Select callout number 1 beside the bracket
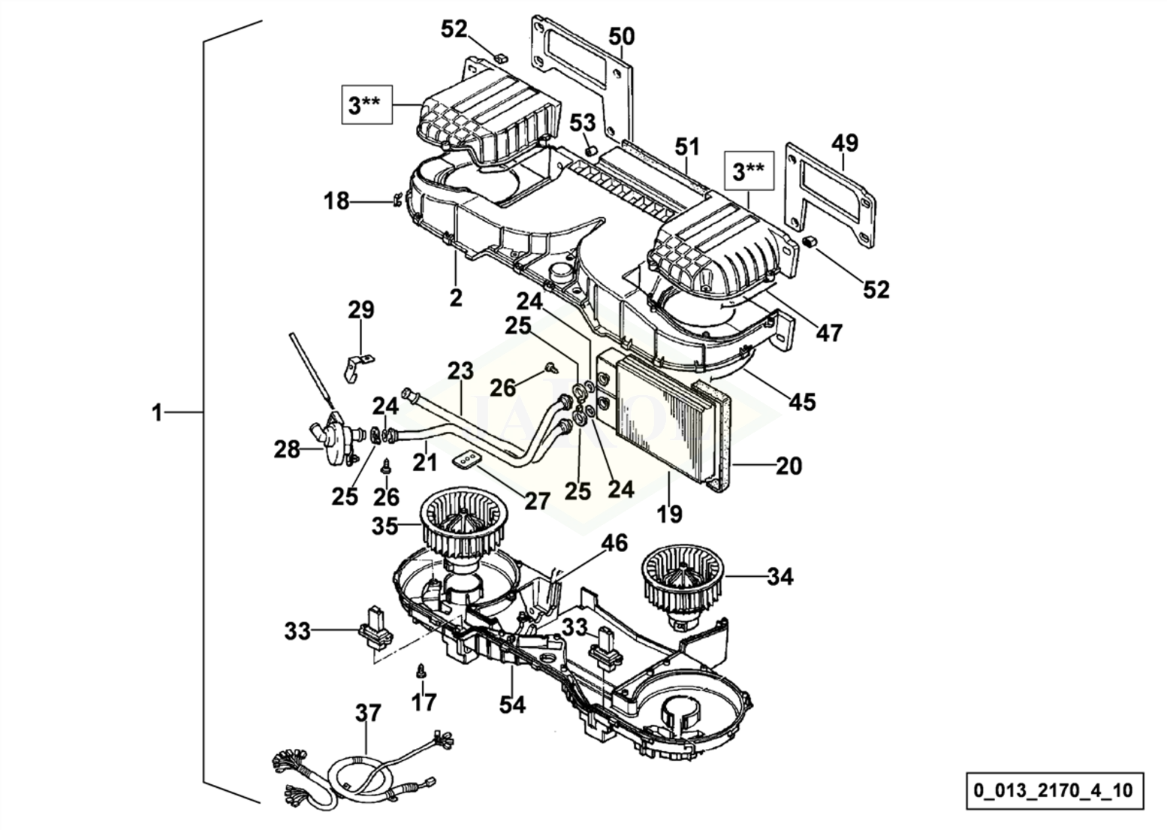coord(157,413)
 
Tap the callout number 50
coord(622,37)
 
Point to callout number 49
coord(845,143)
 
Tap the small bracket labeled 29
coord(359,367)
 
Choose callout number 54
coord(512,705)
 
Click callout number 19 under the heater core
coord(669,515)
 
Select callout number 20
coord(789,466)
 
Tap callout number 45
coord(802,403)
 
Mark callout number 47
coord(829,333)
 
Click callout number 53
coord(582,123)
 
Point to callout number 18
coord(336,201)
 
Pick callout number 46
coord(615,543)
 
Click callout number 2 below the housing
coord(456,298)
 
